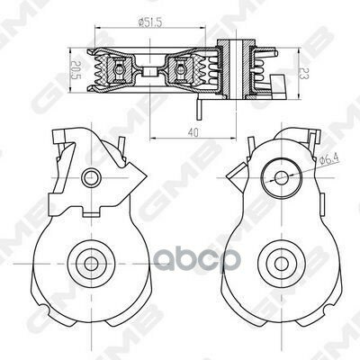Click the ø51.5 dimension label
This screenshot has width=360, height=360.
[x=149, y=22]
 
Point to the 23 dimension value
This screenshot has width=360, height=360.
[x=304, y=73]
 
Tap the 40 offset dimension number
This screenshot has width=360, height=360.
[x=193, y=132]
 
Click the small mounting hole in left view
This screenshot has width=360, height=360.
[x=92, y=177]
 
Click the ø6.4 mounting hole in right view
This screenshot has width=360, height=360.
[x=281, y=177]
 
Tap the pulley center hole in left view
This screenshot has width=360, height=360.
[x=90, y=264]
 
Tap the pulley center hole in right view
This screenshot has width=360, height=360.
[x=281, y=264]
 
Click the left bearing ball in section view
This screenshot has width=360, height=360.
[x=119, y=69]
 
